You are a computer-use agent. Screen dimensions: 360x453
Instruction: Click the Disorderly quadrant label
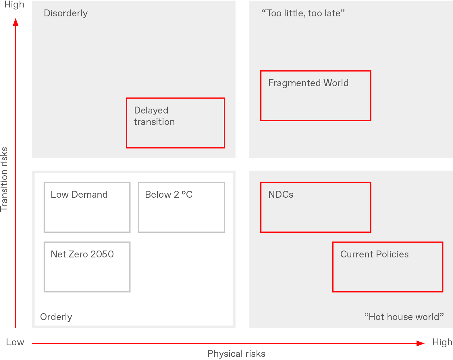(x=65, y=13)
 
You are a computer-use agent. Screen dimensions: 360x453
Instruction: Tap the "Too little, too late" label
(x=303, y=13)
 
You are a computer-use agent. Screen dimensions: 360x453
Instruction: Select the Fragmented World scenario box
(x=315, y=96)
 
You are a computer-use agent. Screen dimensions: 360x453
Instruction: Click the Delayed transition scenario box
(x=175, y=123)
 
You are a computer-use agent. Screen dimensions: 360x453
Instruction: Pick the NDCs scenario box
(x=315, y=207)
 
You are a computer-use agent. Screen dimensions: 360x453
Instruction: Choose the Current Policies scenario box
(x=388, y=267)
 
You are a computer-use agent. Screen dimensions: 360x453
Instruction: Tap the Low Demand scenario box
(x=87, y=207)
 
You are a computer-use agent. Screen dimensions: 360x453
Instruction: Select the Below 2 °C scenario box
(x=181, y=207)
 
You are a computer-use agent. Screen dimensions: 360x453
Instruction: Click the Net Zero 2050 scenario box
(x=87, y=267)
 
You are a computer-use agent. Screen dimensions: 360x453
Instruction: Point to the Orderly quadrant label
(x=56, y=317)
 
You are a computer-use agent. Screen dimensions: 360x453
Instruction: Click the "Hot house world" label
(x=404, y=317)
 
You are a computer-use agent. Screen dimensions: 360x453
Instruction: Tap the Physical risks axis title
(x=236, y=354)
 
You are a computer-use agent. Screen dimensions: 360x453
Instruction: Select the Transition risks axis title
(x=4, y=180)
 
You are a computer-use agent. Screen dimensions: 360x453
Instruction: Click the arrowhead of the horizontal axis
(x=420, y=343)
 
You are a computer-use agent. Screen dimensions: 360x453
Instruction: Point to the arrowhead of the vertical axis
(x=16, y=22)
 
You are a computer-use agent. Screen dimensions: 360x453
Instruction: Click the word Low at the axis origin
(x=15, y=342)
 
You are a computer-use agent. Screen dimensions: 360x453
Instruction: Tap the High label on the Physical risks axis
(x=442, y=342)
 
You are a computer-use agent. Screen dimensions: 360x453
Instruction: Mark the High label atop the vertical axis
(x=14, y=5)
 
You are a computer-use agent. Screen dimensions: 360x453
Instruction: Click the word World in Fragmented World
(x=336, y=83)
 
